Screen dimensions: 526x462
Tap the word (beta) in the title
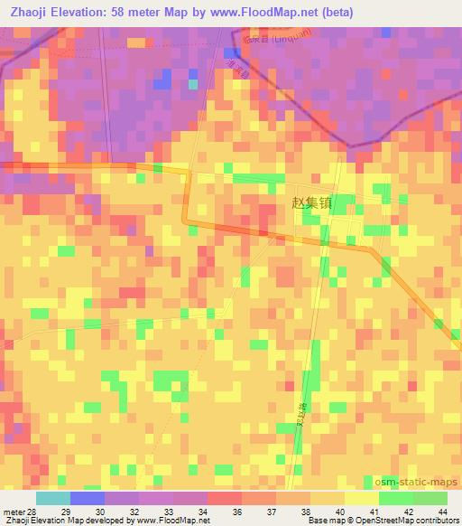334,12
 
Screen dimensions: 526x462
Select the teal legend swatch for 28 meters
52,498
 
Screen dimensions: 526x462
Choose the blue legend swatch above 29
87,498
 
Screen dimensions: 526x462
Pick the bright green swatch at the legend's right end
430,498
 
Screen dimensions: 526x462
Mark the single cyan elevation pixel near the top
192,84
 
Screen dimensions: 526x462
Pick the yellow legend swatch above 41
361,498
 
